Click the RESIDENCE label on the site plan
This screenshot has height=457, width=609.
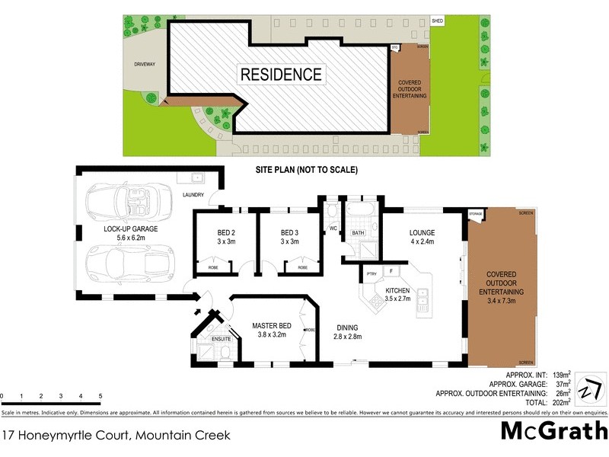281,75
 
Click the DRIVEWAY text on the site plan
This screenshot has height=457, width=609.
144,65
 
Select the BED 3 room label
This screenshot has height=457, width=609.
290,237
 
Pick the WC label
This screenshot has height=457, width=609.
333,228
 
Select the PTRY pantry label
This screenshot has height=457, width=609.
371,273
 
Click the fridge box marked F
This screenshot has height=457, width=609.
391,271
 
